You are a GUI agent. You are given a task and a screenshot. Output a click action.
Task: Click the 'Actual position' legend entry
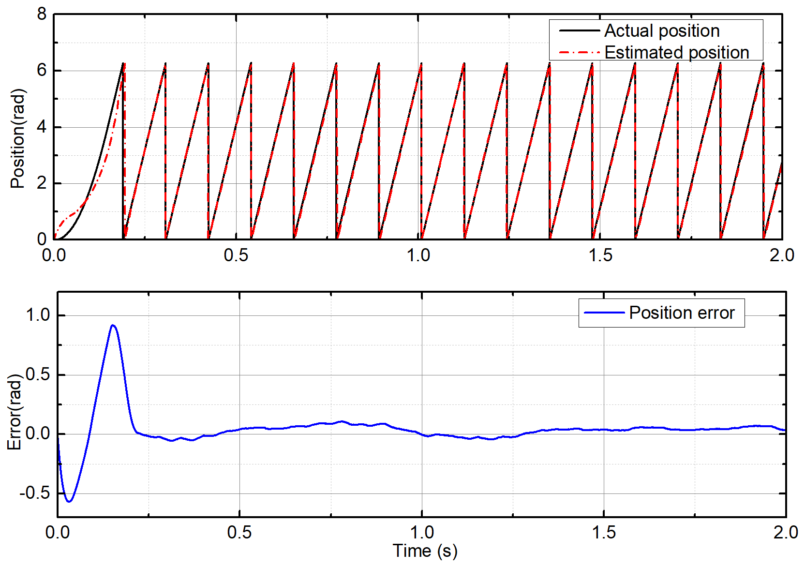coord(661,31)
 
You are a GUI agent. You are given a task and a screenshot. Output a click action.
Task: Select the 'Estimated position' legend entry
coord(676,52)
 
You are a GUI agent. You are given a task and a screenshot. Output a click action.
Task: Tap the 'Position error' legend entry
coord(681,313)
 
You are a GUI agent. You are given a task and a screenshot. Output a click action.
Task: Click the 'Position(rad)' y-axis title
coord(17,139)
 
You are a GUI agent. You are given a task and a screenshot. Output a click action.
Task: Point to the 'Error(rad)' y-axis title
coord(15,412)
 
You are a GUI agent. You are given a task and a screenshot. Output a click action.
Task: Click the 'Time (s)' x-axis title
coord(425,551)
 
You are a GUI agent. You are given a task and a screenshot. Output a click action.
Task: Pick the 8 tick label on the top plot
coord(42,15)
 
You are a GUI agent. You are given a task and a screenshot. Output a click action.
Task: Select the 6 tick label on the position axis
coord(42,71)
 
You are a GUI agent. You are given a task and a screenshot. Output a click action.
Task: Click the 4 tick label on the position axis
coord(42,127)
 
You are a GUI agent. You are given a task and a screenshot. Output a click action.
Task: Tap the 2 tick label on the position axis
coord(42,183)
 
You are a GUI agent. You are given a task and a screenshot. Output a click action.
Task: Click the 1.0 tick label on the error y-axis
coord(38,315)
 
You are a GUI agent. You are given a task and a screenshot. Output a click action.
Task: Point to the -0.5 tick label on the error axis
coord(35,493)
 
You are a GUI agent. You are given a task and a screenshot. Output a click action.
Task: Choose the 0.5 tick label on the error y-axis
coord(38,374)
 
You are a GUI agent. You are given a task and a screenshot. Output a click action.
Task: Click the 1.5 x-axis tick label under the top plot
coord(600,255)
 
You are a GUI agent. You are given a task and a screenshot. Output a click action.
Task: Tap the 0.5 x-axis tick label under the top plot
coord(236,255)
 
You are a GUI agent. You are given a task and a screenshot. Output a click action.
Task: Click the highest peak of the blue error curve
coord(113,325)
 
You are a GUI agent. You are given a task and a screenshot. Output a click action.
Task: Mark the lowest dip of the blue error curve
coord(69,501)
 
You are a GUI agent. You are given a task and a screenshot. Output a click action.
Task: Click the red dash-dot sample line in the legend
coord(579,52)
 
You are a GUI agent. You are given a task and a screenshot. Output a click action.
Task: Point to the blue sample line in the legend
coord(604,313)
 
